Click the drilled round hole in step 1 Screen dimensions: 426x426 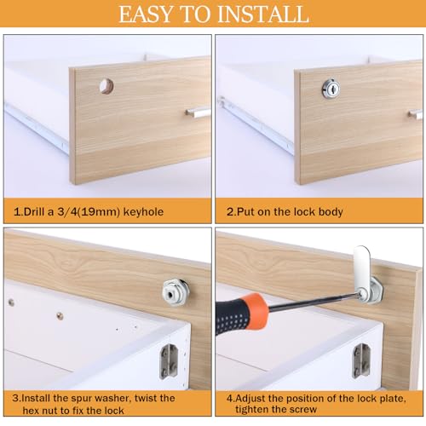pyautogui.click(x=106, y=86)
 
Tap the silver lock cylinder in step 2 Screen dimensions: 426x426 pyautogui.click(x=331, y=89)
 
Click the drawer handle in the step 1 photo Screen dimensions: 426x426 pyautogui.click(x=198, y=112)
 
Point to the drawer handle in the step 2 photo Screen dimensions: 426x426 pyautogui.click(x=416, y=114)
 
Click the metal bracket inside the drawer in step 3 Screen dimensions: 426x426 pyautogui.click(x=168, y=361)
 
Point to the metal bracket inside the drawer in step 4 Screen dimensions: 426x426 pyautogui.click(x=361, y=360)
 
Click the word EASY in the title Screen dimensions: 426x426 pyautogui.click(x=146, y=14)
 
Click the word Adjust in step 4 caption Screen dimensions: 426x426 pyautogui.click(x=249, y=399)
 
